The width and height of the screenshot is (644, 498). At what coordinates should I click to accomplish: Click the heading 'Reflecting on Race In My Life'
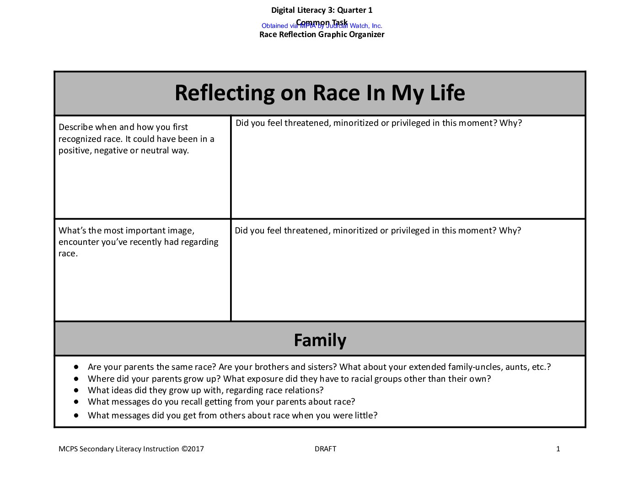pyautogui.click(x=320, y=93)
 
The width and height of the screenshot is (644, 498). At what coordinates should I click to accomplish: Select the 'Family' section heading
pyautogui.click(x=320, y=340)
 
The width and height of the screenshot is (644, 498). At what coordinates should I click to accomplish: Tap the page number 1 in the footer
pyautogui.click(x=558, y=449)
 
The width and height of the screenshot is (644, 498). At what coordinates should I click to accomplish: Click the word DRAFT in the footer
pyautogui.click(x=325, y=449)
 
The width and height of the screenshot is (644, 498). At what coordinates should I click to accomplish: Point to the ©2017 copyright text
pyautogui.click(x=193, y=449)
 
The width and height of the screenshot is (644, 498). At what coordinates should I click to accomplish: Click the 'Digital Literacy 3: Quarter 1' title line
pyautogui.click(x=322, y=10)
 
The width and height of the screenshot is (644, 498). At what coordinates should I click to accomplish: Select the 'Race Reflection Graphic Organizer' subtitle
pyautogui.click(x=322, y=35)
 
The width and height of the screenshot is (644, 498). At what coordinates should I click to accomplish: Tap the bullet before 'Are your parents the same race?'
pyautogui.click(x=76, y=367)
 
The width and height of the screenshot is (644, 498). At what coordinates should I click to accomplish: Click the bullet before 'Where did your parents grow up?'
pyautogui.click(x=76, y=379)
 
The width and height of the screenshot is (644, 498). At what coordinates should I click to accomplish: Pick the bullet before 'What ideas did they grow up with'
pyautogui.click(x=76, y=390)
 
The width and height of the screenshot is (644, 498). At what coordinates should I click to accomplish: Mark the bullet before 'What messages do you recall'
pyautogui.click(x=76, y=401)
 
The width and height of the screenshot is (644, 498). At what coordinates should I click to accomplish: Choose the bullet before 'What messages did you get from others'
pyautogui.click(x=76, y=415)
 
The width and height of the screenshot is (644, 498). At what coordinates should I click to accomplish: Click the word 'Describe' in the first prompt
pyautogui.click(x=76, y=127)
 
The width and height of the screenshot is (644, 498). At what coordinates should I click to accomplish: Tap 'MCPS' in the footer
pyautogui.click(x=68, y=449)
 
